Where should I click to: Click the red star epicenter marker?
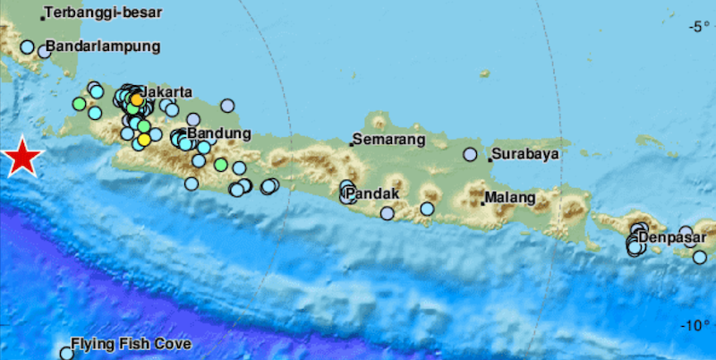pyautogui.click(x=23, y=159)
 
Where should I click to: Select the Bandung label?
pyautogui.click(x=213, y=133)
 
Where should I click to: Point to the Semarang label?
pyautogui.click(x=388, y=140)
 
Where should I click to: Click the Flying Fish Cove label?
pyautogui.click(x=131, y=344)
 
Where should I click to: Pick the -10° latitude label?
pyautogui.click(x=694, y=324)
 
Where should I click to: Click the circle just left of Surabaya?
pyautogui.click(x=470, y=154)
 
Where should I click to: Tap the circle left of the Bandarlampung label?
pyautogui.click(x=28, y=47)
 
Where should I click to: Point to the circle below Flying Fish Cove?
pyautogui.click(x=66, y=354)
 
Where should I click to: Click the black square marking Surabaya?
pyautogui.click(x=490, y=159)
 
